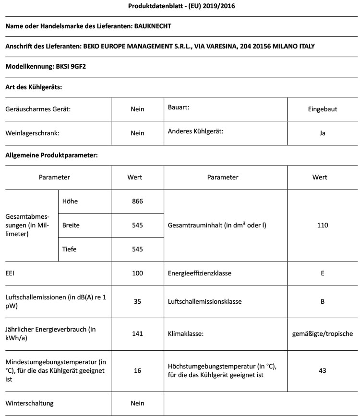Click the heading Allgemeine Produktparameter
click(x=51, y=155)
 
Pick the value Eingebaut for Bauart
click(x=323, y=109)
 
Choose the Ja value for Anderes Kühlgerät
click(x=323, y=133)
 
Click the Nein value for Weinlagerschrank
click(x=137, y=133)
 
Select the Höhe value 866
click(x=137, y=201)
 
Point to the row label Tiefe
click(x=70, y=249)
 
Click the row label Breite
click(x=71, y=225)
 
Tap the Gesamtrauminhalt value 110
click(x=323, y=225)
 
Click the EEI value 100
click(x=137, y=273)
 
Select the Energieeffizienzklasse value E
click(x=323, y=273)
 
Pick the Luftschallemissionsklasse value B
click(x=323, y=302)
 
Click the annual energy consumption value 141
click(x=137, y=333)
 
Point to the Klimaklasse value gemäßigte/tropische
click(x=323, y=333)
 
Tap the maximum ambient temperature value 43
click(x=323, y=370)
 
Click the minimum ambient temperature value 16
click(x=137, y=370)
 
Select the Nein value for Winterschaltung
click(x=137, y=404)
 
